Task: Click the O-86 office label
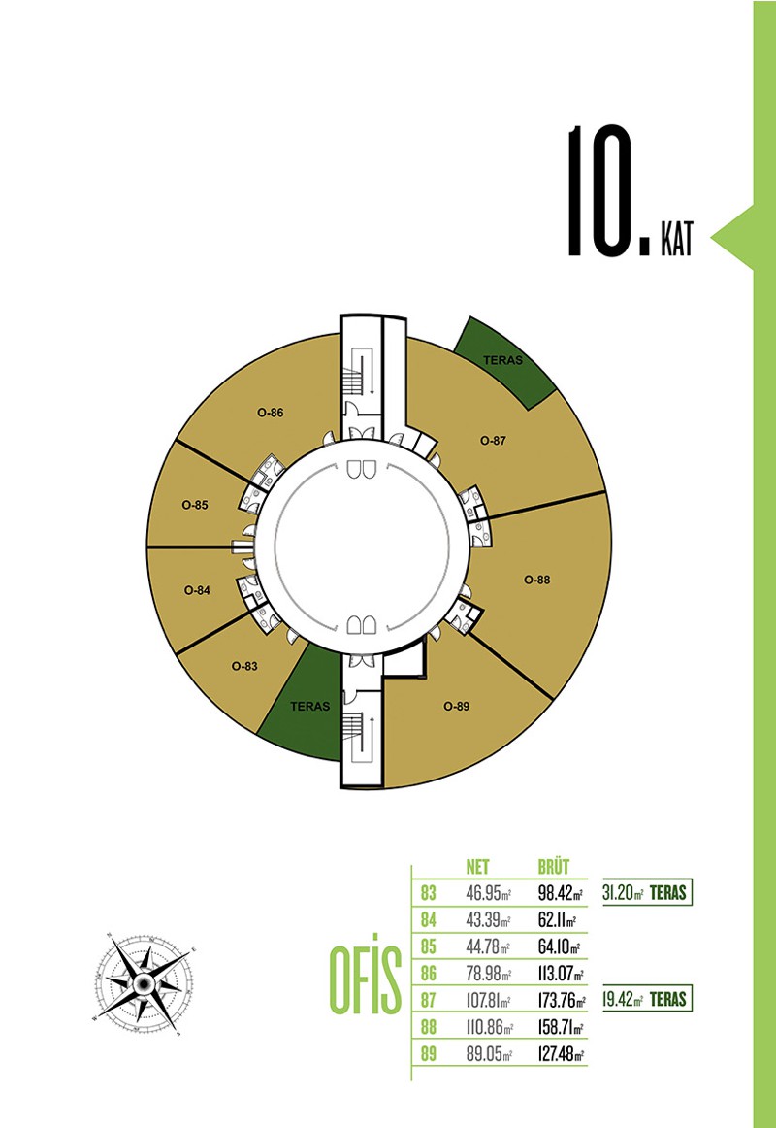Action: pos(271,413)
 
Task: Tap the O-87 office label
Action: pos(493,441)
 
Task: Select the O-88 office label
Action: pos(536,580)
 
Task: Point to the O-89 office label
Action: pos(456,707)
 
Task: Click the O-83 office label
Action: pos(244,666)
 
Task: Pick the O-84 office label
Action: pos(197,590)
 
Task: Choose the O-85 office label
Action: pos(195,505)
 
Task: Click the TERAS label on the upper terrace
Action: pos(503,360)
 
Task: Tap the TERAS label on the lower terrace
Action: pos(309,707)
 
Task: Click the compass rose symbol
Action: pos(144,982)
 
